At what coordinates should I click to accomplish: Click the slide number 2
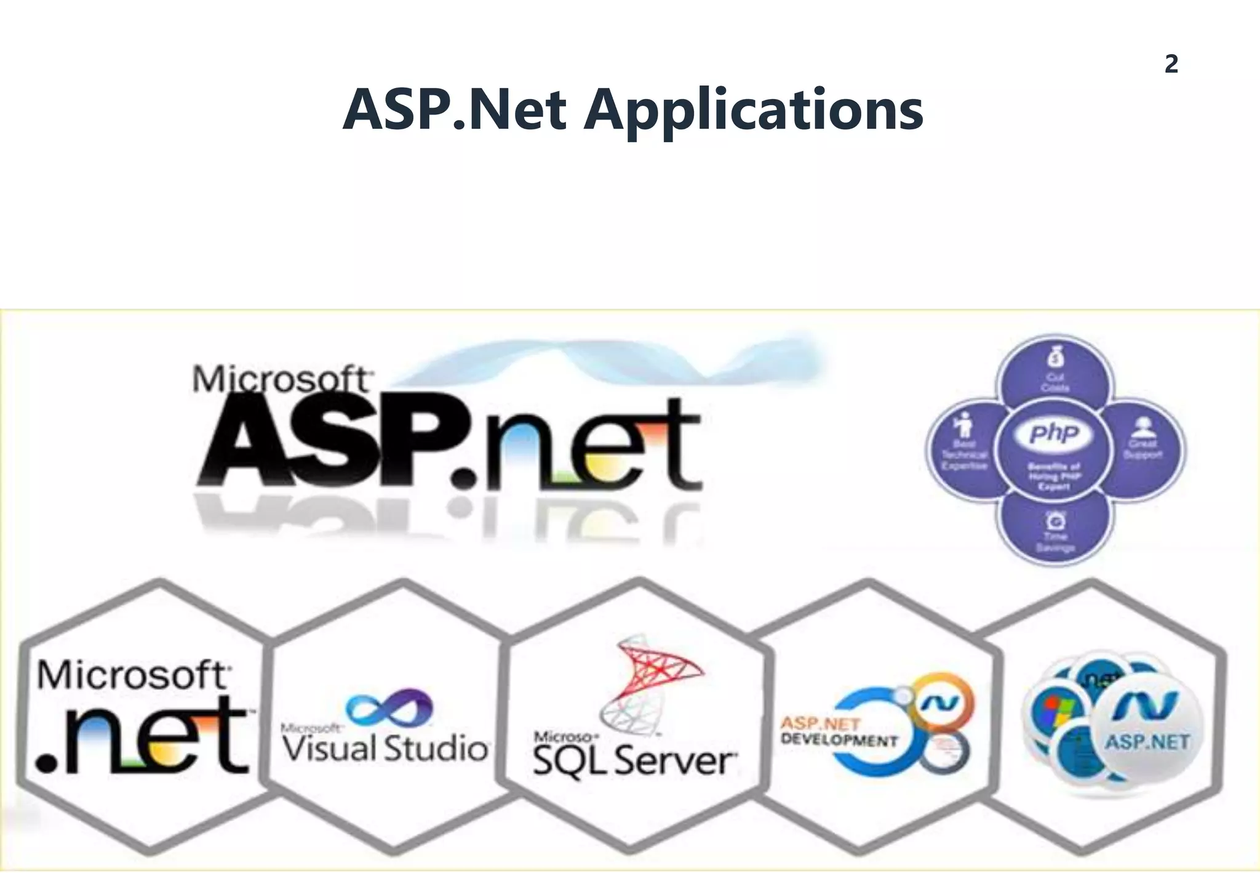1171,64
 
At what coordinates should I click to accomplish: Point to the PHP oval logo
1055,433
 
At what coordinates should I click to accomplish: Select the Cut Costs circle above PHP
1055,373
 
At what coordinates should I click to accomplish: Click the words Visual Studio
386,749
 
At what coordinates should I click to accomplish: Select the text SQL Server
634,761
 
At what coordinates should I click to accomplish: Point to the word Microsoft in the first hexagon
132,675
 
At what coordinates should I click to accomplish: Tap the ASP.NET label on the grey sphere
1147,742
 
